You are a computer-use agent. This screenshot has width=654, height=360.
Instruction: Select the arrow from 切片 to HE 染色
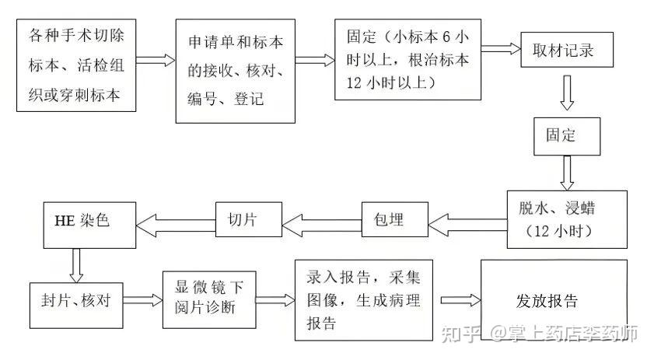click(x=174, y=224)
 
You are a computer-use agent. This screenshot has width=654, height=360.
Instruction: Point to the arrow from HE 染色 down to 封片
click(x=76, y=264)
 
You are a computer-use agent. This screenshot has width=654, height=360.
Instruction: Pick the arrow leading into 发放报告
click(x=459, y=300)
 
